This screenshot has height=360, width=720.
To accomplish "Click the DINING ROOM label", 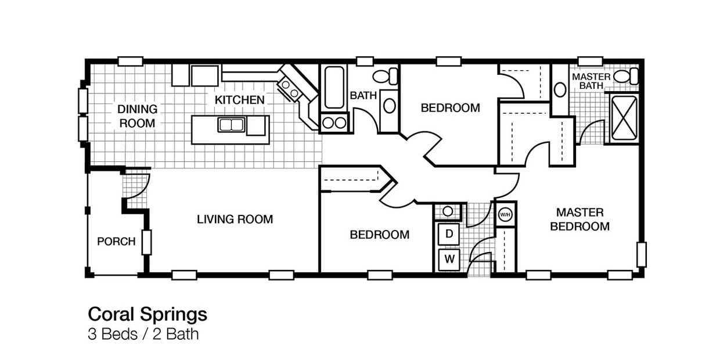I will tap(137, 116).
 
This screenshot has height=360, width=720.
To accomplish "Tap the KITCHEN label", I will tap(239, 100).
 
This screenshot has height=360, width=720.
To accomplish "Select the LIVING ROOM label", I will tap(235, 219).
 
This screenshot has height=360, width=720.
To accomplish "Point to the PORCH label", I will tap(116, 242).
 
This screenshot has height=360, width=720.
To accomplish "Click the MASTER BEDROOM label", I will tap(579, 219).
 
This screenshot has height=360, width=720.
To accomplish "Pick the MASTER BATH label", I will tap(591, 81).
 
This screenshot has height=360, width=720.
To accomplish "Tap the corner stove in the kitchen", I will tap(290, 89).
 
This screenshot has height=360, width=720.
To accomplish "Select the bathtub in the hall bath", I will tap(334, 88).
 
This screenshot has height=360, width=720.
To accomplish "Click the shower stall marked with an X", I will tap(624, 118).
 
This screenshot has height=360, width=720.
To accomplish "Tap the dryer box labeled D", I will tap(449, 235).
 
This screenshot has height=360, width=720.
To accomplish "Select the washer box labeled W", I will tap(449, 259).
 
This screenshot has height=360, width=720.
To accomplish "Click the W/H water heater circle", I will tap(505, 214).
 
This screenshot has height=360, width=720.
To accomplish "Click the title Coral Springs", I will tap(147, 314).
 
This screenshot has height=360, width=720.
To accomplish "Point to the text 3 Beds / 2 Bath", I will tap(143, 334).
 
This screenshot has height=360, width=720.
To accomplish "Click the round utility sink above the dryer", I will tap(448, 211).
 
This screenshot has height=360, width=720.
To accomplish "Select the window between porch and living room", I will tap(146, 242).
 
